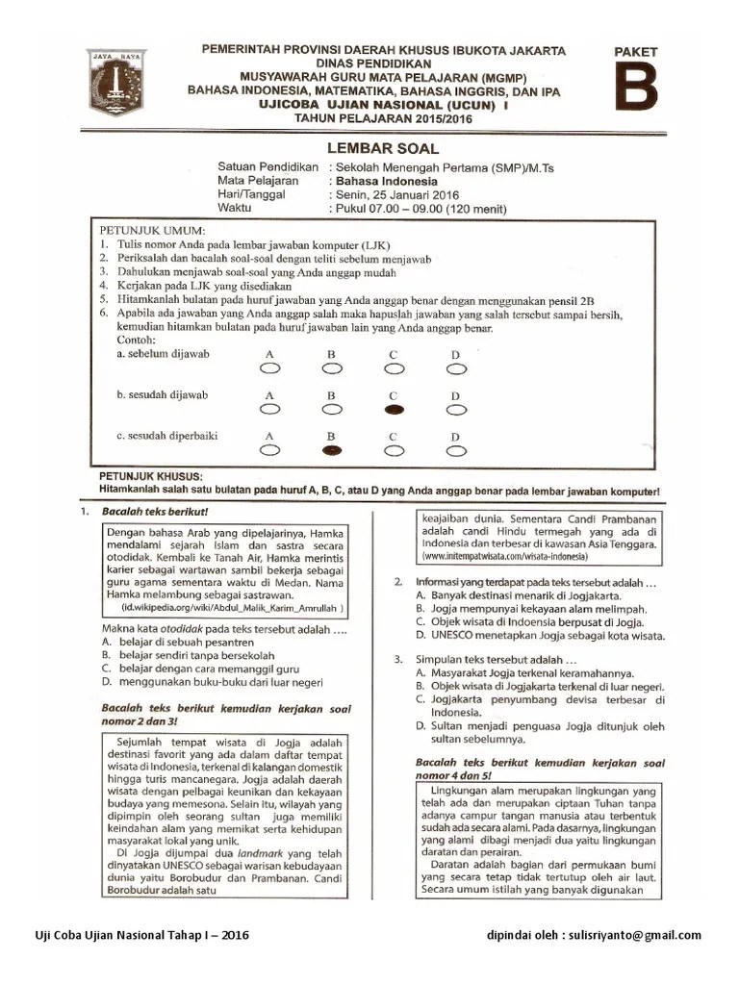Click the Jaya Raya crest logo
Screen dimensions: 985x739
[116, 83]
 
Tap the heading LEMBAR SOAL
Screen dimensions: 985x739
[383, 148]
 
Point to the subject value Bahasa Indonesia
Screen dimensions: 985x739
[385, 180]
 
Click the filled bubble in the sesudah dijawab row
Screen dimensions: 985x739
[394, 409]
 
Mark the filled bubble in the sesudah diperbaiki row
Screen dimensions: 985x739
[331, 449]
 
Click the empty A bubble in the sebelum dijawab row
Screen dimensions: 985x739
[269, 367]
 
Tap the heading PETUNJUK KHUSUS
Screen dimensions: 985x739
[150, 477]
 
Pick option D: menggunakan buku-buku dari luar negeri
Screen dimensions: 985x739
[219, 682]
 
